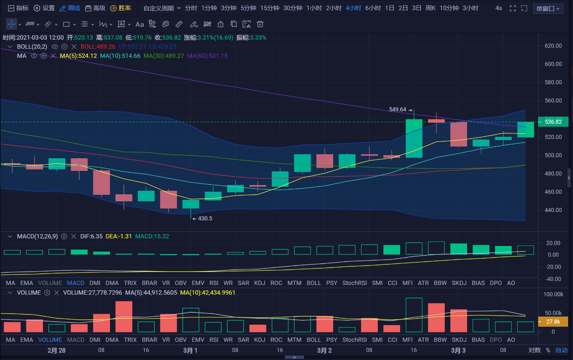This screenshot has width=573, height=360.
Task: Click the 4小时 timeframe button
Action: click(353, 8)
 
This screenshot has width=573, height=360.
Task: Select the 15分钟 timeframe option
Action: click(269, 8)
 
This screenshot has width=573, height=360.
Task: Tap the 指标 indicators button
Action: click(18, 8)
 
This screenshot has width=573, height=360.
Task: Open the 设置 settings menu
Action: click(44, 8)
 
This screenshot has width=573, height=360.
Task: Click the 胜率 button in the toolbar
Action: click(121, 8)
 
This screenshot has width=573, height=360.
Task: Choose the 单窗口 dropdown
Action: click(548, 9)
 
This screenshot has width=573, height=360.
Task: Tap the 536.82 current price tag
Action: click(553, 122)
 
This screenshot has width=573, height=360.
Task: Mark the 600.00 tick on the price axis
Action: click(553, 64)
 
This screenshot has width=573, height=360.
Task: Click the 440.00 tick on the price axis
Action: click(553, 210)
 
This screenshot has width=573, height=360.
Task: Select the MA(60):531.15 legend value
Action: click(207, 56)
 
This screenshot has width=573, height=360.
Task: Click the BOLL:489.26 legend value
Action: click(98, 47)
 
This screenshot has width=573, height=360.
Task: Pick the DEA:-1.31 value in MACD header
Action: click(118, 236)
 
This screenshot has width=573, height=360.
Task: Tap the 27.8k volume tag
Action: click(553, 321)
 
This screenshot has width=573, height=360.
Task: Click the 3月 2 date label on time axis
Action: click(324, 350)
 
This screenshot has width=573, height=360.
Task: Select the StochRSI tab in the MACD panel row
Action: click(354, 283)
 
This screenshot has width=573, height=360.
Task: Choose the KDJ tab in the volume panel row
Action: click(259, 340)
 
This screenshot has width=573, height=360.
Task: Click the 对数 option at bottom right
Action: click(534, 350)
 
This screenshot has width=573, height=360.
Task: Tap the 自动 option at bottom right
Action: click(561, 350)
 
